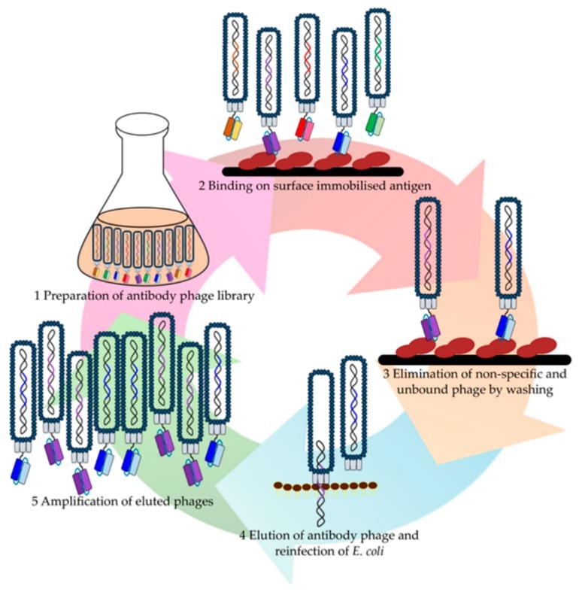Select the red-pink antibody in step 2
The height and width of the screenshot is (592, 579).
tap(307, 126)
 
